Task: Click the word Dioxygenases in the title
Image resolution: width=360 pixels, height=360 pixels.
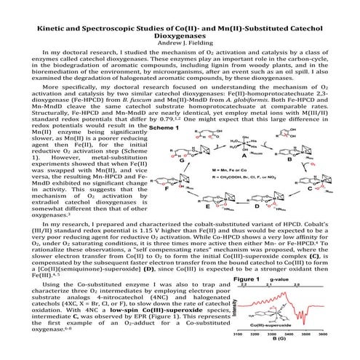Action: click(x=180, y=33)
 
